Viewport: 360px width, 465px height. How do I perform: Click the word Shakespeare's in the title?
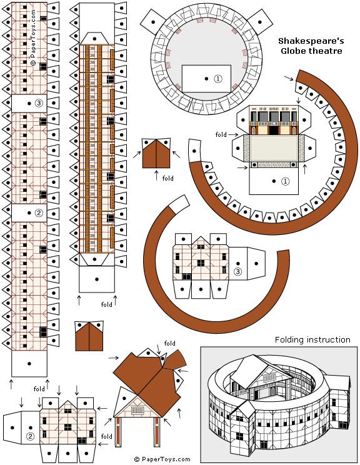311,41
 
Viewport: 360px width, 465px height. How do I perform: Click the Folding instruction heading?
312,339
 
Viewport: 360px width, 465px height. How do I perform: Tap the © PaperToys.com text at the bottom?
162,459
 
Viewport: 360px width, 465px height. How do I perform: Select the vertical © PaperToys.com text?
33,37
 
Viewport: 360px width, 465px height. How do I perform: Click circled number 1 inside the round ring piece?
218,79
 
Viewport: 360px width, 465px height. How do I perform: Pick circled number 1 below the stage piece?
285,181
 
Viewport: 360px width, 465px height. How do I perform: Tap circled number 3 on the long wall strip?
39,103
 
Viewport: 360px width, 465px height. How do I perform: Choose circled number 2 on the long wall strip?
39,212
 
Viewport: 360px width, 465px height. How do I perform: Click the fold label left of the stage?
221,134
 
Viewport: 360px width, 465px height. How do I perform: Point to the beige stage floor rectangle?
273,148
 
